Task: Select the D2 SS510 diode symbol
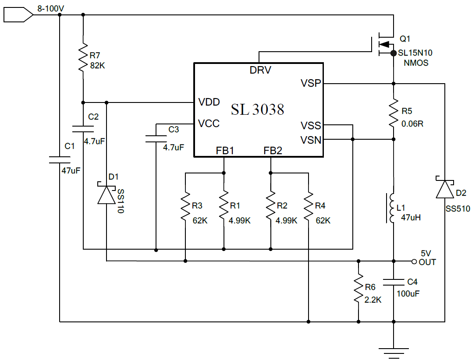(445, 187)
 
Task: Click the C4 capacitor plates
(394, 282)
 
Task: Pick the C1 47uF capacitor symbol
(60, 160)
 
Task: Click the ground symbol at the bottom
(394, 353)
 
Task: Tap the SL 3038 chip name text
(257, 109)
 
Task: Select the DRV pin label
(260, 70)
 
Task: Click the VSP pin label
(311, 83)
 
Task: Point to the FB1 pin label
(225, 150)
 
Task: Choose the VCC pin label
(209, 124)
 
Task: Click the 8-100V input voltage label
(50, 9)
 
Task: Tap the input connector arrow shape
(18, 15)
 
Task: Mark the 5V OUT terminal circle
(414, 261)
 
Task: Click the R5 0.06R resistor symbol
(394, 113)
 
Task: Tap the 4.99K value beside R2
(286, 221)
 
